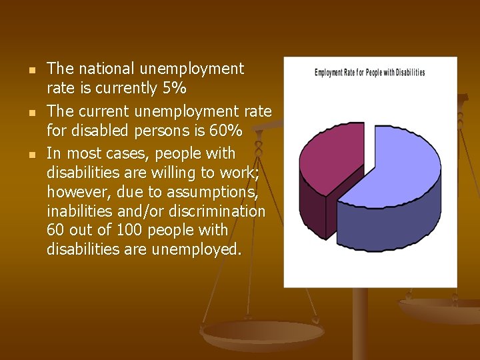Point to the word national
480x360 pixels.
(x=103, y=68)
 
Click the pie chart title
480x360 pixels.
(x=369, y=73)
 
